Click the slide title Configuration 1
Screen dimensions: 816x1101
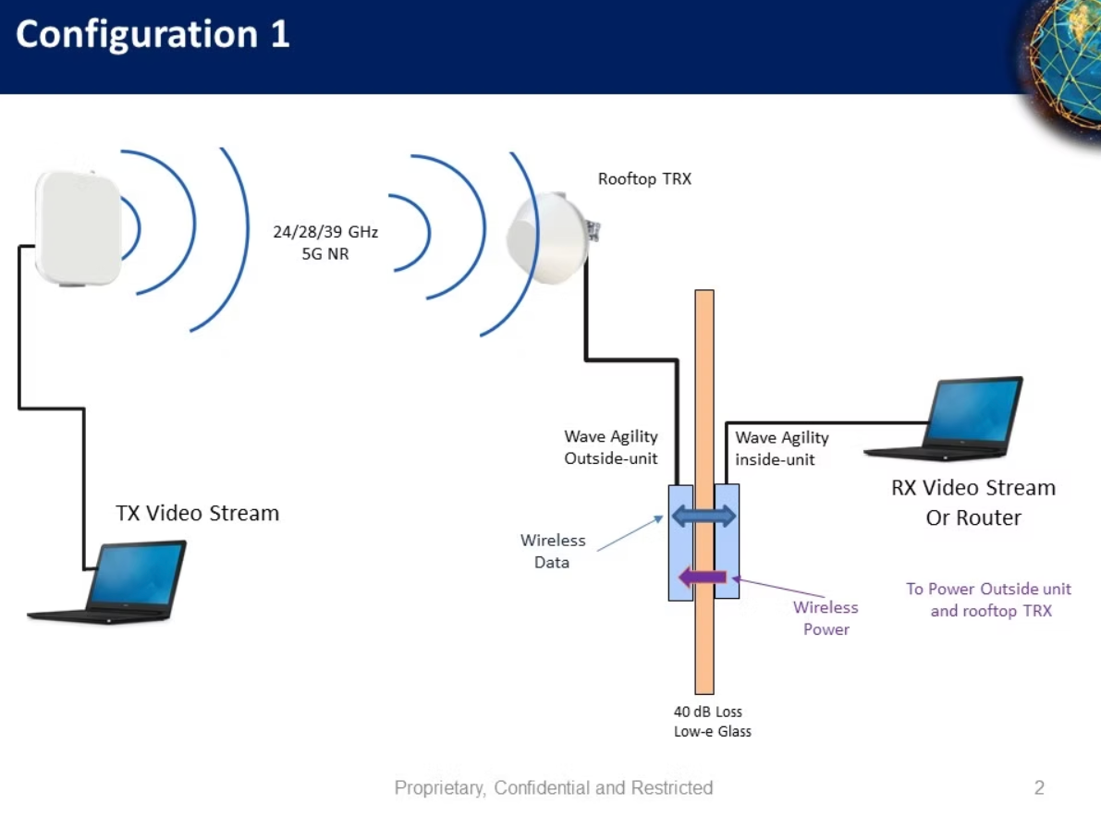coord(153,35)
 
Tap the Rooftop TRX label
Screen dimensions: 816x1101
coord(644,179)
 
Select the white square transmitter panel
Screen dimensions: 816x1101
coord(79,226)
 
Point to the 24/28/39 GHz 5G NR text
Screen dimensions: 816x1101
coord(325,242)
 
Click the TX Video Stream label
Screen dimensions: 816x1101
coord(197,513)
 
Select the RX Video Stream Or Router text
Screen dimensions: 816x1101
coord(973,502)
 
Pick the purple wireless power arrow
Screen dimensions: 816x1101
coord(703,578)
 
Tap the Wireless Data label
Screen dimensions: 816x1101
coord(553,551)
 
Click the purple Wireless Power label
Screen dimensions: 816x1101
coord(826,618)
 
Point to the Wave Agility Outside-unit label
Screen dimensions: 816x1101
coord(611,447)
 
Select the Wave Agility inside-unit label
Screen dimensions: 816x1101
coord(782,447)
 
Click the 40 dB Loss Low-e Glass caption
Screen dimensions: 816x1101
coord(711,722)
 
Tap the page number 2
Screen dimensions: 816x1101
coord(1039,788)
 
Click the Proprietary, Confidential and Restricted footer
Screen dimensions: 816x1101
coord(554,788)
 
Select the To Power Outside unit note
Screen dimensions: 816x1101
coord(989,600)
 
